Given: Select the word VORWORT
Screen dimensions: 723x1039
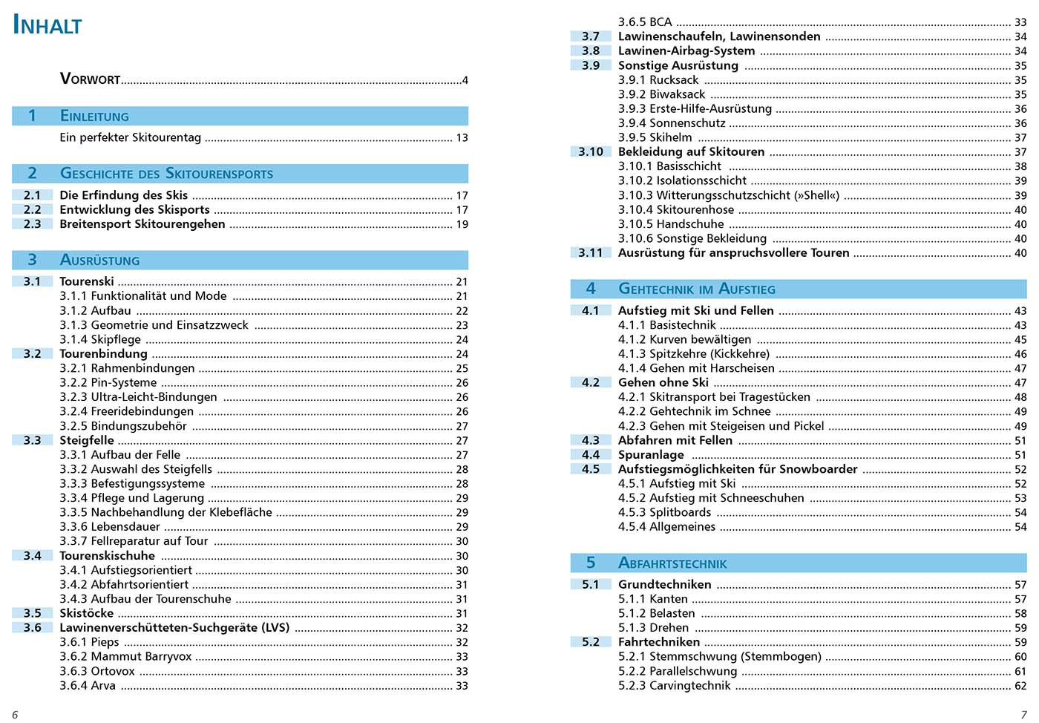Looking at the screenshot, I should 90,79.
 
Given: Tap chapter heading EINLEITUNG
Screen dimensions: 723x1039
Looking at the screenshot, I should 94,116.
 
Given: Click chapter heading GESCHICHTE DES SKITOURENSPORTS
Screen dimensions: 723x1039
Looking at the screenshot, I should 166,174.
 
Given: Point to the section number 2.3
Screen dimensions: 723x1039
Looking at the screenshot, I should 32,224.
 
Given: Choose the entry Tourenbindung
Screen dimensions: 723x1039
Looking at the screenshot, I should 103,354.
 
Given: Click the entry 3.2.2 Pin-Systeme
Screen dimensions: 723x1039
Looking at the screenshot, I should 108,383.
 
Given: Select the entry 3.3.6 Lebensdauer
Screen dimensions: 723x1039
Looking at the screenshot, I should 110,527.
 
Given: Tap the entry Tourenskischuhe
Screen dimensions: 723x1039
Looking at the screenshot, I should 107,556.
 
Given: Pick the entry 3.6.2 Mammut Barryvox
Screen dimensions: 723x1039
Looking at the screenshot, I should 125,657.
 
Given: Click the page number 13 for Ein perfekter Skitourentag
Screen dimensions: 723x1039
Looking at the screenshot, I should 462,137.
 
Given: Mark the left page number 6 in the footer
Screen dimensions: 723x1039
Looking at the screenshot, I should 15,715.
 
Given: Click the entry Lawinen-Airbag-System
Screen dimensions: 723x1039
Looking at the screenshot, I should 686,51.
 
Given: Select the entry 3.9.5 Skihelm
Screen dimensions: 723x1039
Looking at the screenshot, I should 655,137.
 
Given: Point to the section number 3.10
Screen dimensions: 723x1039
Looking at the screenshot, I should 591,152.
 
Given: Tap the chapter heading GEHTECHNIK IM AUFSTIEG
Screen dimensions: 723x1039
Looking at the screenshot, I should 696,289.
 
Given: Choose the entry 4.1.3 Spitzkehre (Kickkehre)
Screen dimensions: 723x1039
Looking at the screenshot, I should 694,354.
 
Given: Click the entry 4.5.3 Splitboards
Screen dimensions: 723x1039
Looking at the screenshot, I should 665,513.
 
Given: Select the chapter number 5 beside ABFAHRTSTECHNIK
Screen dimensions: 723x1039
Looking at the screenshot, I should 591,563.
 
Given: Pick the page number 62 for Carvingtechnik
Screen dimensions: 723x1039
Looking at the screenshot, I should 1020,686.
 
